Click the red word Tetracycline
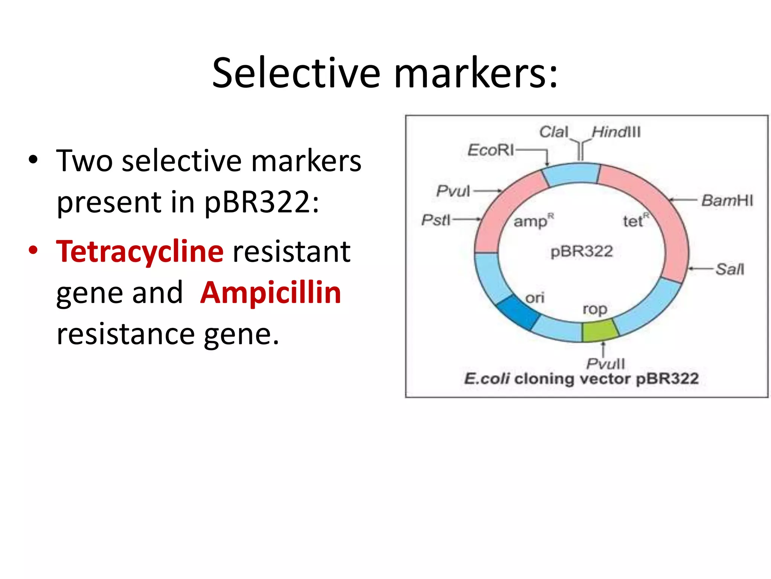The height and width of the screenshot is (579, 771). click(140, 251)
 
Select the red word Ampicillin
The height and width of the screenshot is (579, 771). click(271, 293)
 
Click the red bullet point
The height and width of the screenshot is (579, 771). click(33, 250)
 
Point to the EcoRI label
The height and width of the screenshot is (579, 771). click(491, 150)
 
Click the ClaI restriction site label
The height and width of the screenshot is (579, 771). click(553, 132)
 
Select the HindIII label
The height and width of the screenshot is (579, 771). click(616, 132)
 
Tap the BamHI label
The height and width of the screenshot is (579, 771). click(727, 200)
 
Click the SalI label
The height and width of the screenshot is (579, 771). click(730, 269)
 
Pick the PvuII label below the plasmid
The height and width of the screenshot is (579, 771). click(605, 364)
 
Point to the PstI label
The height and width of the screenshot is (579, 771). click(436, 219)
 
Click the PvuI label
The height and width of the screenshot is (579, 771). click(453, 191)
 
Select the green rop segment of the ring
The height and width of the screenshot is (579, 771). click(600, 330)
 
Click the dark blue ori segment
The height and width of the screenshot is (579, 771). click(518, 312)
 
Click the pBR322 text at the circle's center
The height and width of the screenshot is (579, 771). click(582, 251)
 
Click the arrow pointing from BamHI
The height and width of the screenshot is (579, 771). click(683, 200)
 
